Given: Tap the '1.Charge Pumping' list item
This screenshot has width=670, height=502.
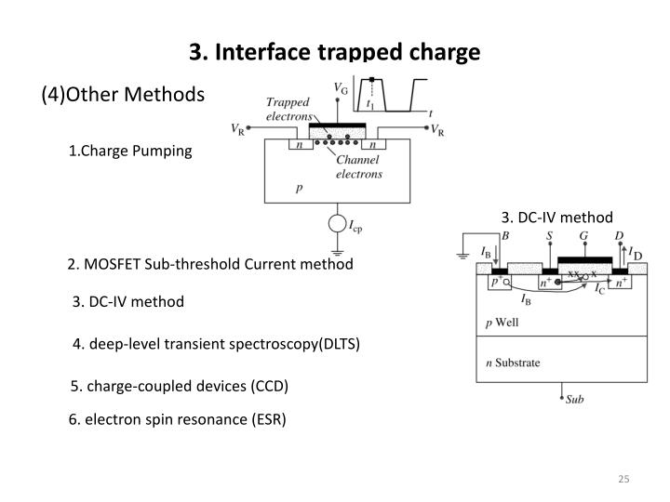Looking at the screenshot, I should [129, 152].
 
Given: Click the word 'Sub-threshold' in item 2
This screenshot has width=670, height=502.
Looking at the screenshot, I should [194, 264].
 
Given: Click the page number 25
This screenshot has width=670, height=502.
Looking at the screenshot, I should [623, 479].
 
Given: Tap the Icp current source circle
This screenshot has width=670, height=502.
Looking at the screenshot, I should [336, 224].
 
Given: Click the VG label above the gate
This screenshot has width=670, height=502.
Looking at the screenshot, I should [342, 87].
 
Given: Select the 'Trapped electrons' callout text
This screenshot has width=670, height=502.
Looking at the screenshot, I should [289, 110].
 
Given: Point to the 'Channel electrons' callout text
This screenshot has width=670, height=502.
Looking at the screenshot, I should [359, 166].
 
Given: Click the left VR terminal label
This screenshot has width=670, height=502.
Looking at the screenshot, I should [240, 128].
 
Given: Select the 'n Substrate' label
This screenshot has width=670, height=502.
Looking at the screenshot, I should [515, 363].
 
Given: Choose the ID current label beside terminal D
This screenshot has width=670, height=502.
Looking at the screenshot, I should [636, 251].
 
